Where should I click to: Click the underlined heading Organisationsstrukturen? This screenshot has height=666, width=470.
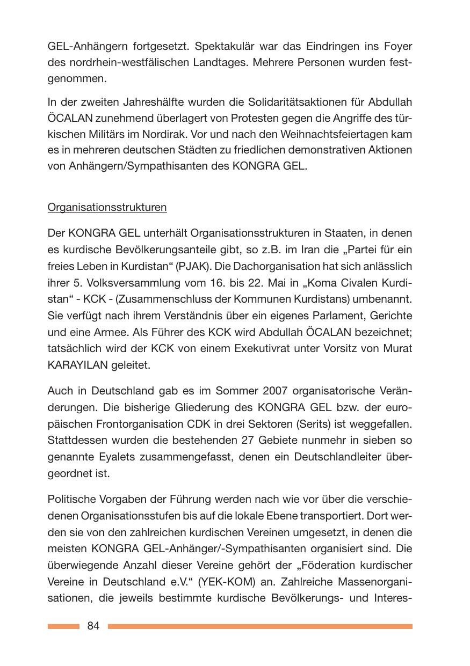tap(107, 207)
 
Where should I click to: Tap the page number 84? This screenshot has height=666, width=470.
tap(93, 626)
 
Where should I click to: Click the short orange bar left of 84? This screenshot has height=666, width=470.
tap(63, 626)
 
